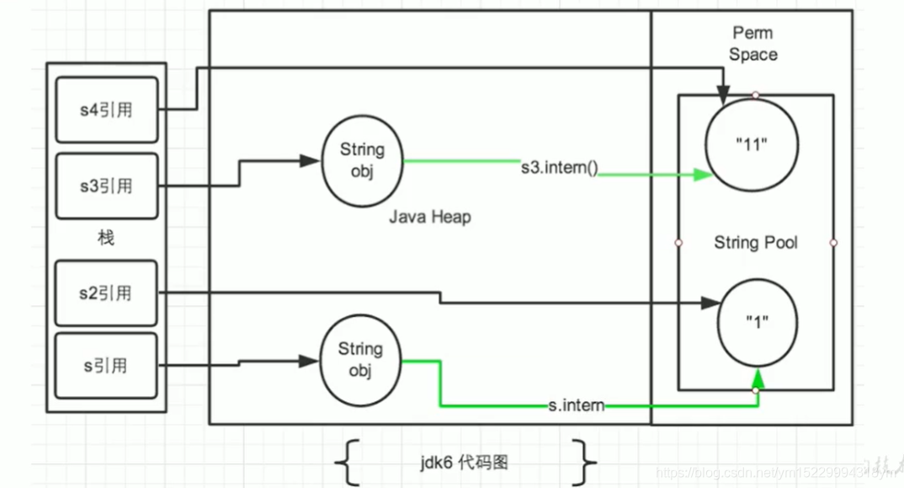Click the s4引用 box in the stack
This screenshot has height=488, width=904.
coord(106,110)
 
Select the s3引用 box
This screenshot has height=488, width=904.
coord(106,185)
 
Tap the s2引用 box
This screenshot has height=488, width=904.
coord(106,293)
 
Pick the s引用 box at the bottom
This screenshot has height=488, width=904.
coord(106,366)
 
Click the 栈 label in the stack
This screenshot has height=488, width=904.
coord(105,239)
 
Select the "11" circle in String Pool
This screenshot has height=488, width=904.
coord(752,143)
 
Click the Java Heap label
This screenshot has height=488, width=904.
coord(429,217)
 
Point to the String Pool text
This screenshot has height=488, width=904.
coord(755,243)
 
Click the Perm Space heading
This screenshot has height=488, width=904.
coord(753,44)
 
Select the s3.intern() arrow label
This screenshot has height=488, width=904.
coord(559,167)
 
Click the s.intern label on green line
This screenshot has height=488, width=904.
coord(576,405)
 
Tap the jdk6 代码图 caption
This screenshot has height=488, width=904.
coord(465,463)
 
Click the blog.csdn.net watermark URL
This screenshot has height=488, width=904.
coord(758,473)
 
